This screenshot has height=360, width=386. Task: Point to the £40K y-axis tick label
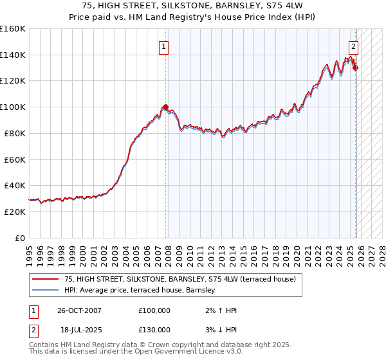point(14,185)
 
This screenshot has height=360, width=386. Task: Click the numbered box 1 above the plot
point(164,46)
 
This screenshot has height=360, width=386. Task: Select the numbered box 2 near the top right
point(354,46)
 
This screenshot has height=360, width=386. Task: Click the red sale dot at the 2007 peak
point(165,107)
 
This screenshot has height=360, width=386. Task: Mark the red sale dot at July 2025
point(356,67)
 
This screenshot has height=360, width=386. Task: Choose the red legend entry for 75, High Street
point(179,279)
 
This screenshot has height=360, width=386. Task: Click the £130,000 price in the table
point(154,330)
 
